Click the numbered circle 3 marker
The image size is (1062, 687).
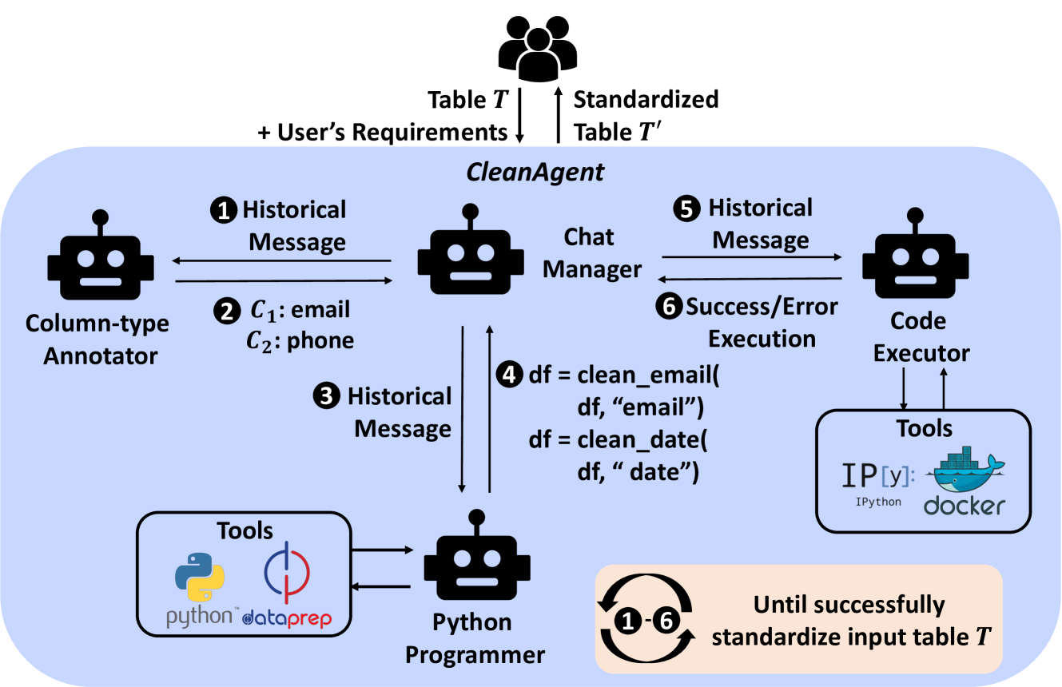tap(328, 397)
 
